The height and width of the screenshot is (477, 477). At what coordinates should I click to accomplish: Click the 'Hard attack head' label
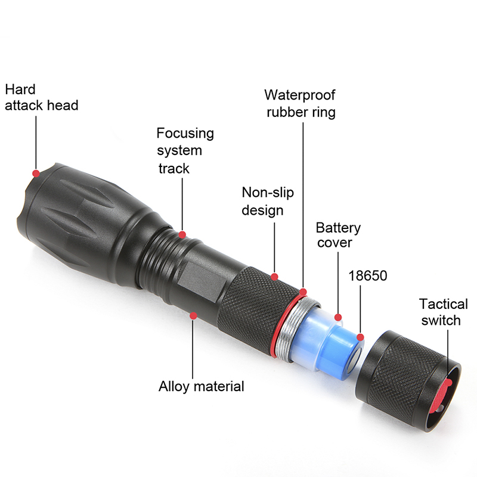[42, 98]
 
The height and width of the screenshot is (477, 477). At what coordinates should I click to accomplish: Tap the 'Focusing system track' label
[185, 151]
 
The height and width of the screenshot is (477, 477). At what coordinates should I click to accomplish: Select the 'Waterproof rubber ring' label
[301, 103]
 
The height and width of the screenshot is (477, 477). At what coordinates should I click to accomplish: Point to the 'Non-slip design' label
[268, 202]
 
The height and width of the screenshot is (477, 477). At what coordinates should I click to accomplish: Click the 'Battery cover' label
[338, 235]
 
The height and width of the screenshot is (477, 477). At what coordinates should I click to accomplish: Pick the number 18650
[367, 275]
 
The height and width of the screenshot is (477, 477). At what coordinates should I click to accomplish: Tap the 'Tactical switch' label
[443, 312]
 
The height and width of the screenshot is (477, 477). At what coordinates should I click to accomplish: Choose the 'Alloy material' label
[201, 386]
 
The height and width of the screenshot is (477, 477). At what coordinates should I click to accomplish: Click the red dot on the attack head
[36, 174]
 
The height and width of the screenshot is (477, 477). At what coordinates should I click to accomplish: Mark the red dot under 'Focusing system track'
[182, 234]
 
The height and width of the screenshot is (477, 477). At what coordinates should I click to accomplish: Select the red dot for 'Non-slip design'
[274, 277]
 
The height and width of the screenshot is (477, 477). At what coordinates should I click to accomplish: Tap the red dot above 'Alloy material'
[193, 316]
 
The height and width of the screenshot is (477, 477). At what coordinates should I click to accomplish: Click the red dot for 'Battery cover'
[338, 317]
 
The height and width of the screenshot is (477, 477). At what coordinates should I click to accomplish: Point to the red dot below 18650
[360, 337]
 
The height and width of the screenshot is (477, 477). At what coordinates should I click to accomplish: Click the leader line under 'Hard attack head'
[36, 143]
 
